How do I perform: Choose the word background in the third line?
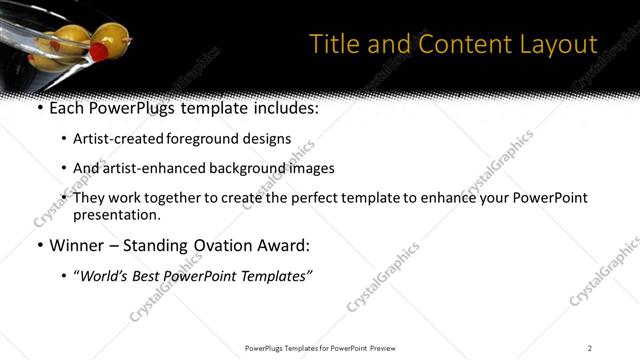tap(249, 168)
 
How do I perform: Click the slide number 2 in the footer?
tap(590, 348)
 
